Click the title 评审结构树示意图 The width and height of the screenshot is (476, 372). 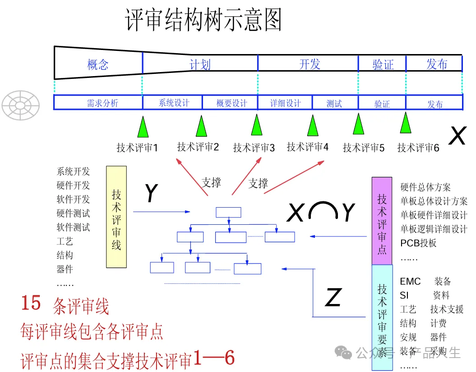(x=203, y=20)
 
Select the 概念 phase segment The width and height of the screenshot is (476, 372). (x=98, y=64)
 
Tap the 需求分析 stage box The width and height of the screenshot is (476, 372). (x=102, y=103)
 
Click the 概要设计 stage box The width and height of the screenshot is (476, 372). (x=231, y=103)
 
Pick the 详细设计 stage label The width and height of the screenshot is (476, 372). (x=285, y=103)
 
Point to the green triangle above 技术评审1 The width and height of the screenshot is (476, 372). (x=143, y=127)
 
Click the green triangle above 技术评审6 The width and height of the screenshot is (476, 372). (x=406, y=123)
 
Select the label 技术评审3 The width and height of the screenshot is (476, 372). (x=254, y=148)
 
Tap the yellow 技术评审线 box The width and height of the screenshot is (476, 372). (x=116, y=217)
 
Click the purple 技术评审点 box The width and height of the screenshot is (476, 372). (x=382, y=221)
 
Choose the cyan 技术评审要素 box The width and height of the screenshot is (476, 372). (x=382, y=317)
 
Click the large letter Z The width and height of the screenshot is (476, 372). (x=333, y=297)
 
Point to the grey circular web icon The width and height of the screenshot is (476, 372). (x=21, y=105)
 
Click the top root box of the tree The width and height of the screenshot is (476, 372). (x=228, y=212)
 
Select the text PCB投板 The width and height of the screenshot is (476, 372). (x=418, y=243)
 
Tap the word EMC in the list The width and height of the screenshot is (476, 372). (x=410, y=281)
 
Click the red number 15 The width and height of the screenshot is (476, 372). (x=31, y=303)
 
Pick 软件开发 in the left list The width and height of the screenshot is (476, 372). (x=73, y=199)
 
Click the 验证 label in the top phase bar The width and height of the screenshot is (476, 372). (x=383, y=65)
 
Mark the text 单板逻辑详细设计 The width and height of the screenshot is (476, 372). (x=434, y=229)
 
